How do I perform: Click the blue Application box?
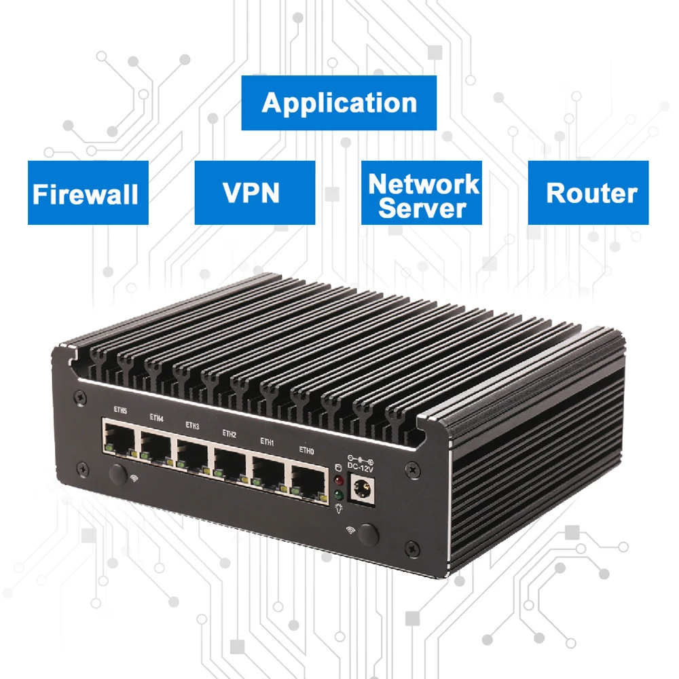339,103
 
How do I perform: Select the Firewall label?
88,193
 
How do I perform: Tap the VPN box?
255,193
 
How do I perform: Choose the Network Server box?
422,193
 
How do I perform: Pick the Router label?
588,193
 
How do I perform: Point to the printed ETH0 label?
307,449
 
